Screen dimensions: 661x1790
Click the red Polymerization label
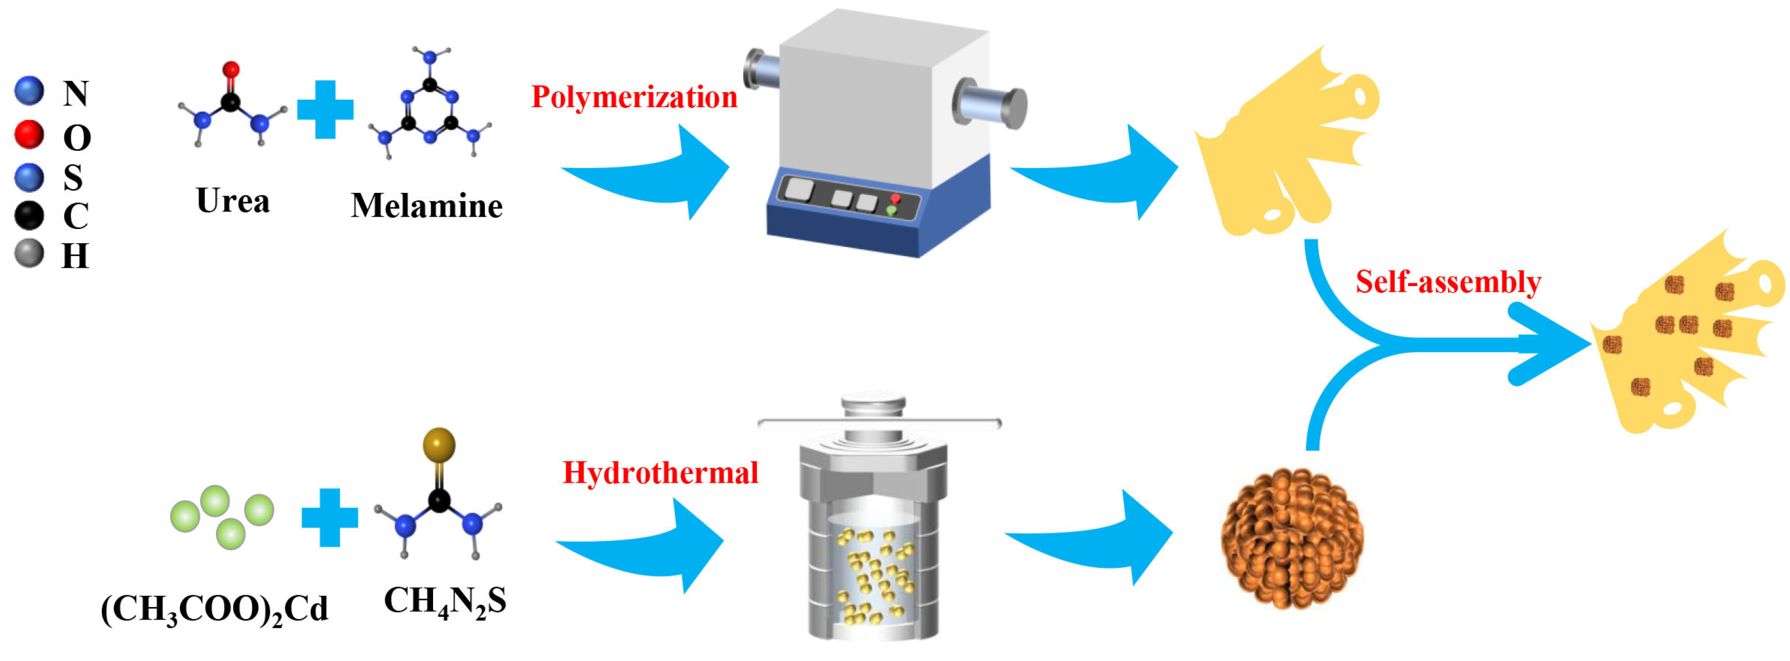coord(633,98)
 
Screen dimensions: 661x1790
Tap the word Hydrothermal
coord(660,474)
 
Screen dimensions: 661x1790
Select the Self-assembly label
coord(1448,282)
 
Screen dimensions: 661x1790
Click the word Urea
coord(233,201)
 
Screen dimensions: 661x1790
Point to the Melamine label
coord(427,206)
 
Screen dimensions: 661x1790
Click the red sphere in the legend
coord(29,134)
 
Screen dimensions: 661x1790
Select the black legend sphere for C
coord(29,215)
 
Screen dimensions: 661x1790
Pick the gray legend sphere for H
coord(29,254)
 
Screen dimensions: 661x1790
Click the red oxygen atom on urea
coord(231,69)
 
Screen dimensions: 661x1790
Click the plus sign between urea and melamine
coord(325,110)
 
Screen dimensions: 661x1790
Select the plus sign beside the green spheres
coord(329,518)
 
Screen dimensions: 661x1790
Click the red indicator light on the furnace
coord(895,199)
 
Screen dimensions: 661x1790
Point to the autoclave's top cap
coord(874,405)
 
